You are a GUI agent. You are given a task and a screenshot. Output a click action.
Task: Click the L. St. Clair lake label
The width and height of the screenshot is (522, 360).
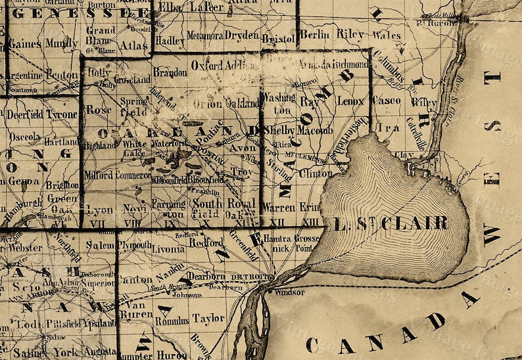(391, 223)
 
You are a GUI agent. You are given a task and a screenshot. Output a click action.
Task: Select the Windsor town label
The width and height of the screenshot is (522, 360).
(291, 292)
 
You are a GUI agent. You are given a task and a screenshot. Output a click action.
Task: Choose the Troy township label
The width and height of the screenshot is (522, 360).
(241, 171)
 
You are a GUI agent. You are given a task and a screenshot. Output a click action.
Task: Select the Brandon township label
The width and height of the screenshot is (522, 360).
(170, 73)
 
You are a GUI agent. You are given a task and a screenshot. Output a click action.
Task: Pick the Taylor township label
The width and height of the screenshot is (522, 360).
(208, 319)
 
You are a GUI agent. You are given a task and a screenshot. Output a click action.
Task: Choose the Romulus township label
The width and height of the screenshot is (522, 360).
(172, 321)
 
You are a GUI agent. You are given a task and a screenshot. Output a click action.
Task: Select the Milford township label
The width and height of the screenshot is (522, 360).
(98, 175)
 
